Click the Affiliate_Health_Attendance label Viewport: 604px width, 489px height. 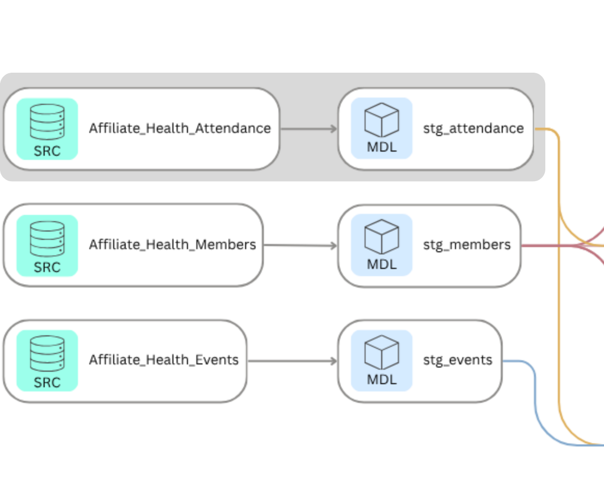click(x=180, y=128)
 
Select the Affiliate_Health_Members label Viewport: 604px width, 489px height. click(x=172, y=244)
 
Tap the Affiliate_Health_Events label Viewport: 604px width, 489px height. click(x=164, y=360)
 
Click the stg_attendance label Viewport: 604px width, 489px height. click(x=473, y=128)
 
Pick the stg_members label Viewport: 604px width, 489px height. click(x=467, y=244)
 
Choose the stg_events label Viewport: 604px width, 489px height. click(x=458, y=360)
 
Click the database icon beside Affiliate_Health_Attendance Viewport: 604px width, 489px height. click(x=47, y=122)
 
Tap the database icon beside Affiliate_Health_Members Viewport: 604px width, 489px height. click(x=47, y=238)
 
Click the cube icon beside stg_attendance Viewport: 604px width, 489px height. click(x=382, y=120)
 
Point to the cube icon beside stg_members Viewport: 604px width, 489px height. click(x=382, y=237)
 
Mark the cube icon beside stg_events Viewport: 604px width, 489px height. click(x=382, y=352)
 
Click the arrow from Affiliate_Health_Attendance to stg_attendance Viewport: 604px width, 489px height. click(x=308, y=128)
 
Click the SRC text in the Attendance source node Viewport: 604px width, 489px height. click(x=47, y=151)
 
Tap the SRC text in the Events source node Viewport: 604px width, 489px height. click(x=47, y=383)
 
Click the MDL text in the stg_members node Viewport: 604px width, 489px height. click(x=382, y=264)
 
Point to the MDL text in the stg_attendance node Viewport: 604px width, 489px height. click(x=382, y=147)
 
